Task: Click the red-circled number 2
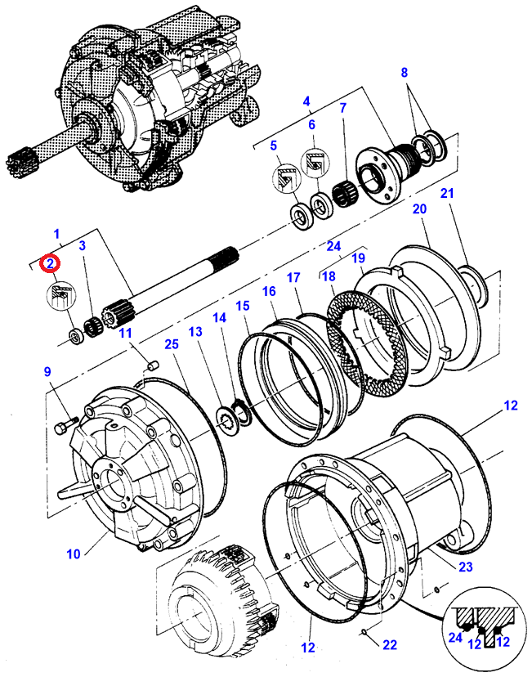click(x=51, y=263)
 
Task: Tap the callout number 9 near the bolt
click(x=48, y=373)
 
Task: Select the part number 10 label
click(x=74, y=554)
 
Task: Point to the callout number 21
click(x=446, y=193)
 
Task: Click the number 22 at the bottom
click(x=390, y=645)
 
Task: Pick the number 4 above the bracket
click(x=306, y=103)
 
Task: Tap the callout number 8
click(x=403, y=74)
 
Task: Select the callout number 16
click(x=270, y=291)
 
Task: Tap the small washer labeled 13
click(x=223, y=419)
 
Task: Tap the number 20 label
click(x=419, y=209)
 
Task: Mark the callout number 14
click(x=218, y=318)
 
